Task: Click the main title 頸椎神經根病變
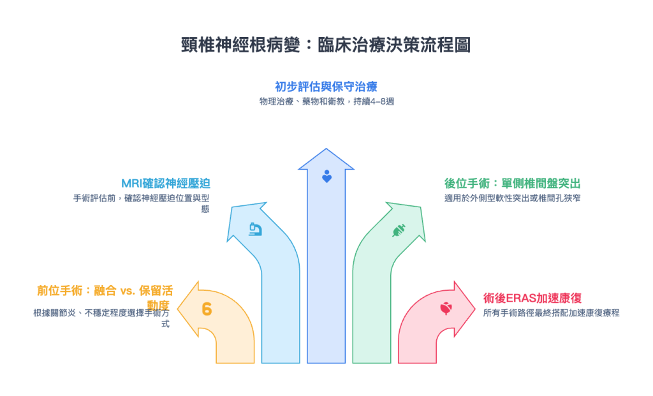[326, 45]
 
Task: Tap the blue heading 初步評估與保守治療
[326, 87]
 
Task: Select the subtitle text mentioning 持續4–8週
[326, 101]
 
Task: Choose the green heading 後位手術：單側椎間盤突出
[512, 183]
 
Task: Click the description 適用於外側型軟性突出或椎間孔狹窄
[512, 198]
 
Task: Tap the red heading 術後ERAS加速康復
[532, 297]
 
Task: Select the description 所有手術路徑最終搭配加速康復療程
[551, 312]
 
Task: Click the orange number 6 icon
[207, 309]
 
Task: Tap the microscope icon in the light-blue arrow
[255, 228]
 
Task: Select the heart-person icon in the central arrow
[326, 177]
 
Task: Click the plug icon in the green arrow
[398, 229]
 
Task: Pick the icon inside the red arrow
[446, 309]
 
